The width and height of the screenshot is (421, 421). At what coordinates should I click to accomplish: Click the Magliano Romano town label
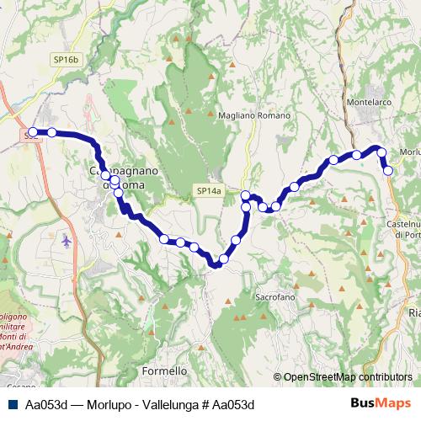253,115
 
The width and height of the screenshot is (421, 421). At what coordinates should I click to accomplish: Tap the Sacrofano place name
278,297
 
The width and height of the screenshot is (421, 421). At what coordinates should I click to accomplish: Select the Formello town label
165,370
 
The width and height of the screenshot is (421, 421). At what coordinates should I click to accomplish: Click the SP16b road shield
65,60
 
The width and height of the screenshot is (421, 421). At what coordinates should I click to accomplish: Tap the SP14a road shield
209,191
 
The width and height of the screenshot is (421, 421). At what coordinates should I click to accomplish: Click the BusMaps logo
385,404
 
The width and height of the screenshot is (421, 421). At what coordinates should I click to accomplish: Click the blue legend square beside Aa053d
11,404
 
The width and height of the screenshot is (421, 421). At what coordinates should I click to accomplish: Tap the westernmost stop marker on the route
33,131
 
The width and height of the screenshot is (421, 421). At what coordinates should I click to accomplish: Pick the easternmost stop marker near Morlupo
388,170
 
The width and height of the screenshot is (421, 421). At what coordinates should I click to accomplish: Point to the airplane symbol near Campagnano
67,242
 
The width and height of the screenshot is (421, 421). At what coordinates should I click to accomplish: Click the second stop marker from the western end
51,131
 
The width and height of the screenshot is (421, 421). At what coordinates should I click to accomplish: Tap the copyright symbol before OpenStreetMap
278,377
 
